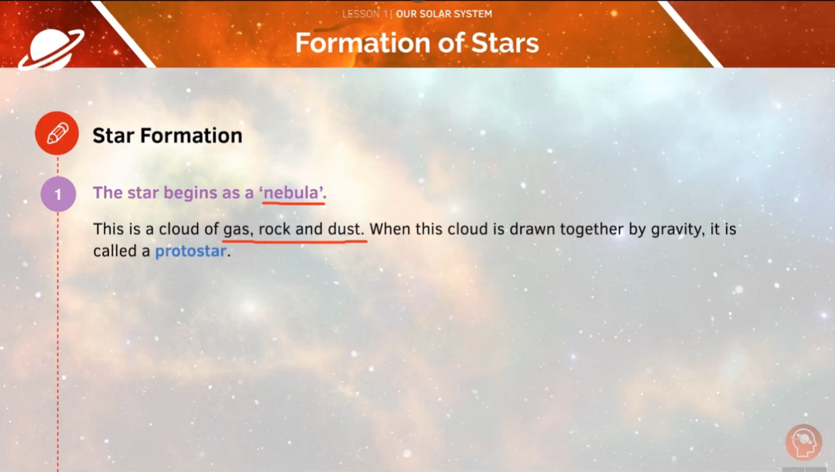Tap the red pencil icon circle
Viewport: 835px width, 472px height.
57,134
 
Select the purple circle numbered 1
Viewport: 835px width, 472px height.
58,194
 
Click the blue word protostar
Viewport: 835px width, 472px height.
190,251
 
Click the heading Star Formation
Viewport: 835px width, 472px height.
167,135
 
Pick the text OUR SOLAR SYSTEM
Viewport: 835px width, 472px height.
444,14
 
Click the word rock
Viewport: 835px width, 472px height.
274,230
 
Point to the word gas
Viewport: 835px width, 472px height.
237,230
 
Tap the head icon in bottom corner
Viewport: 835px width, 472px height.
803,442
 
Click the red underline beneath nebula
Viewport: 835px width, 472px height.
294,203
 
